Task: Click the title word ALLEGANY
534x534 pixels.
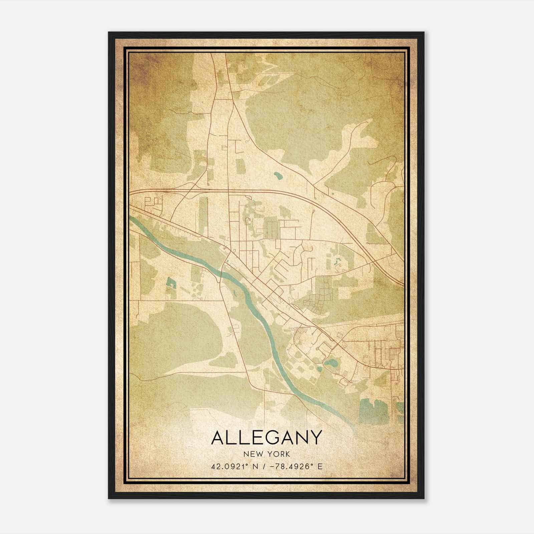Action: pyautogui.click(x=267, y=438)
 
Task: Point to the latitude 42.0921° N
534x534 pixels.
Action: pyautogui.click(x=234, y=466)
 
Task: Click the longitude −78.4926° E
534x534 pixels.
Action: pyautogui.click(x=290, y=466)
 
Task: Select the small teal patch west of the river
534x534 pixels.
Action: pyautogui.click(x=171, y=282)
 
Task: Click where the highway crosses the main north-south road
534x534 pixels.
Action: pyautogui.click(x=228, y=191)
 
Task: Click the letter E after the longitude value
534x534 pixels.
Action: pyautogui.click(x=320, y=466)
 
